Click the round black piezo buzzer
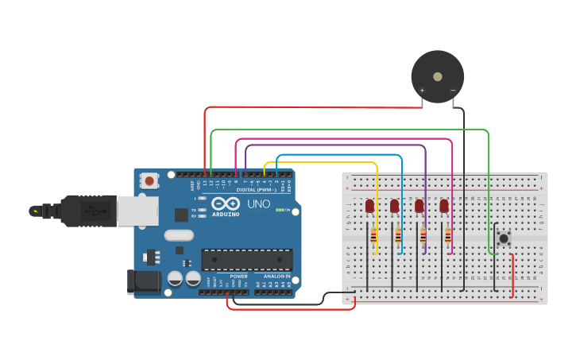point(437,76)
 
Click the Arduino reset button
point(149,181)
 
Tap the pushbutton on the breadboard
point(503,238)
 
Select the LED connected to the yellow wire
point(369,206)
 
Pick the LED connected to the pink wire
point(443,206)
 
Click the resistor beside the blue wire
point(397,236)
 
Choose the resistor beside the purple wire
point(422,236)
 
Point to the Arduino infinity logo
point(226,204)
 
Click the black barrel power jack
point(141,281)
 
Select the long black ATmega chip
point(246,260)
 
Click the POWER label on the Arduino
point(238,276)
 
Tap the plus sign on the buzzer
point(422,90)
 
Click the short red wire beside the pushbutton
point(512,275)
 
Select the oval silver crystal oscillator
point(180,235)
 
